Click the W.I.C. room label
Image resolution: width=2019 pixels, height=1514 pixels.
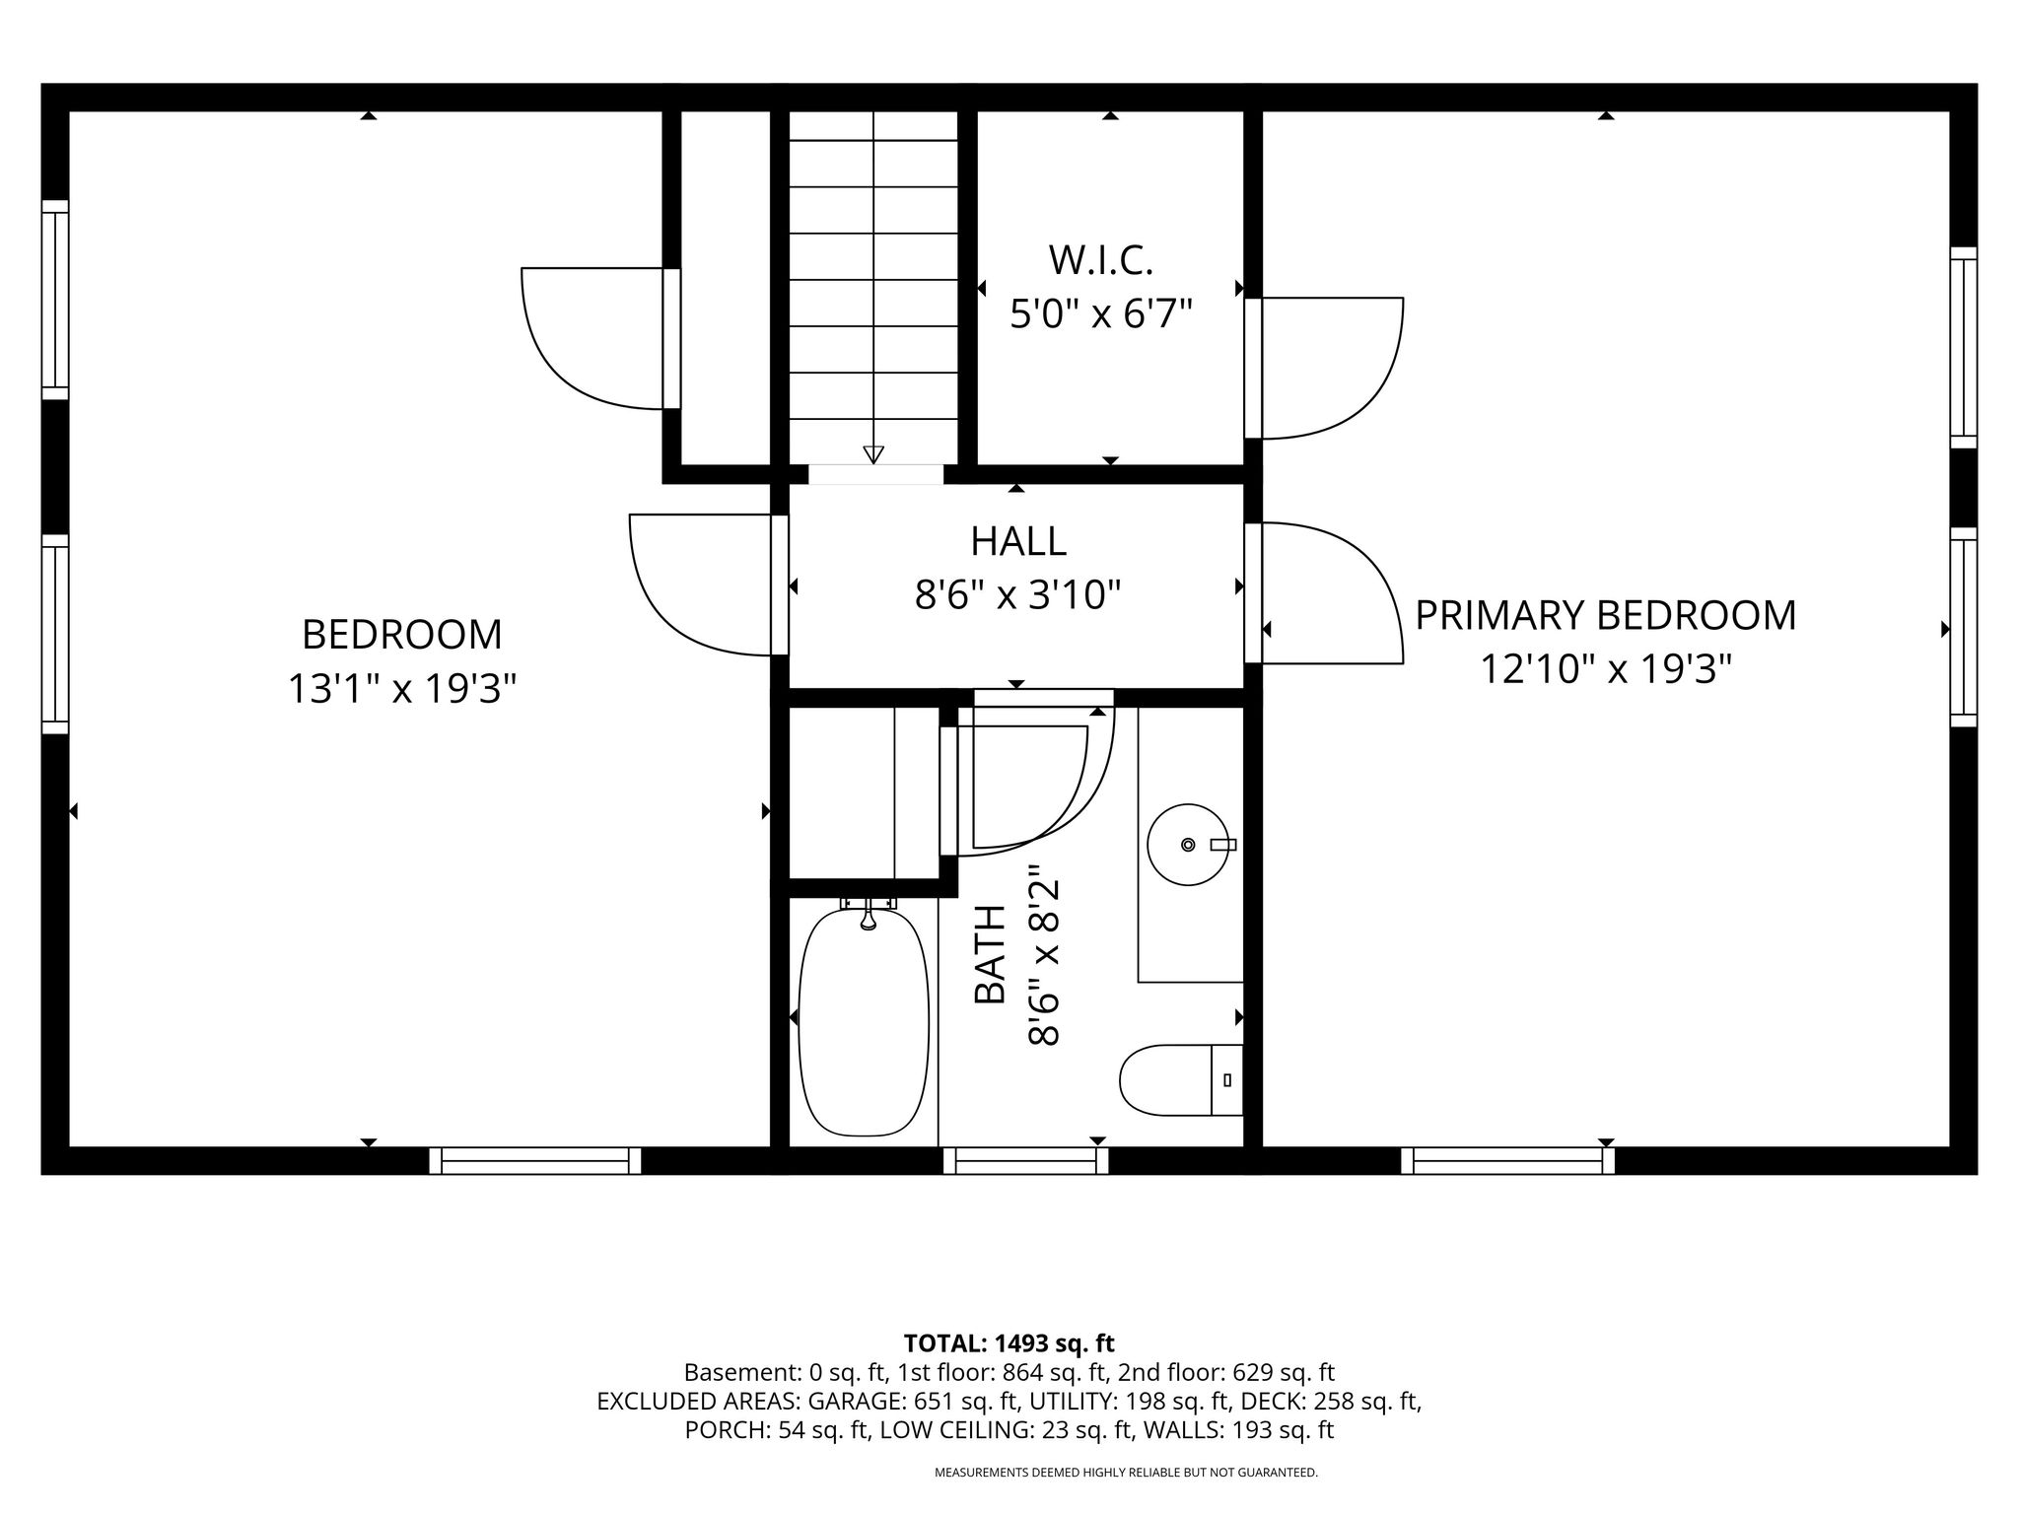coord(1100,260)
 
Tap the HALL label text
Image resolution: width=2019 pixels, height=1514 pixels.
coord(1018,541)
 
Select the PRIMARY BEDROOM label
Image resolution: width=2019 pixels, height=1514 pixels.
coord(1606,615)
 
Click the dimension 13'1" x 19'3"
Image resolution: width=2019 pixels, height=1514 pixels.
coord(402,688)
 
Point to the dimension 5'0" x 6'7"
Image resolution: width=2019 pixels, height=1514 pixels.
coord(1101,315)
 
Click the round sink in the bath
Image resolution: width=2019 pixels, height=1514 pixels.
coord(1188,844)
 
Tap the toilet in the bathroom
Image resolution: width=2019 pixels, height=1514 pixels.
coord(1181,1080)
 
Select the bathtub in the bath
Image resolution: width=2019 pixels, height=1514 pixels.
coord(864,1020)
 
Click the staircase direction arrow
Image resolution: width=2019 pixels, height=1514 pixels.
coord(873,453)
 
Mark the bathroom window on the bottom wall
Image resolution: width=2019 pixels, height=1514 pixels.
coord(1026,1161)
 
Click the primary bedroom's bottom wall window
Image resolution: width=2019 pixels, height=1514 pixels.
coord(1508,1161)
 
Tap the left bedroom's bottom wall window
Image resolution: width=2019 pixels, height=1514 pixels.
coord(535,1161)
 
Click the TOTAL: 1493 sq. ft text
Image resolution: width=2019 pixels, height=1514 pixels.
coord(1009,1342)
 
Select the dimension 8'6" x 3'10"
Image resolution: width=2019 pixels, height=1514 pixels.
coord(1018,595)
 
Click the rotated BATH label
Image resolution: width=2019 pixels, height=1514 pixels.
coord(990,954)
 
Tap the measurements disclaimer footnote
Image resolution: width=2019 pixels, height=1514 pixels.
coord(1126,1473)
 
